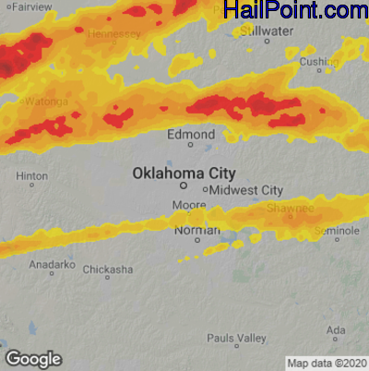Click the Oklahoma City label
point(184,173)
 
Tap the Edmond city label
point(191,135)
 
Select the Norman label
point(197,230)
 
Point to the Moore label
point(190,203)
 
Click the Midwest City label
point(246,190)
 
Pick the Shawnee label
point(292,209)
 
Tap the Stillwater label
point(267,30)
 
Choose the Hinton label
point(32,175)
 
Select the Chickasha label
point(107,269)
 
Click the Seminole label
point(337,230)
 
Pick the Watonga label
point(46,102)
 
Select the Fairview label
point(33,6)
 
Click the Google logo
point(32,359)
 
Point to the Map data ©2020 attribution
point(327,363)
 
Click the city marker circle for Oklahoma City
point(183,185)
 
